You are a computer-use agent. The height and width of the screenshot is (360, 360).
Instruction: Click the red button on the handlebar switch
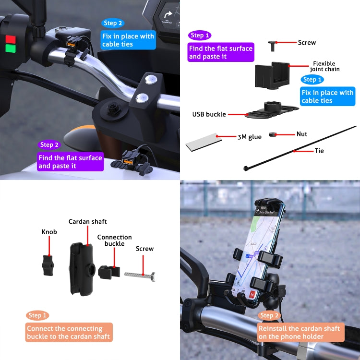pyautogui.click(x=10, y=39)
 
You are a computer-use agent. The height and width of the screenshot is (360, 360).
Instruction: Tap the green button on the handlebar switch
pyautogui.click(x=10, y=48)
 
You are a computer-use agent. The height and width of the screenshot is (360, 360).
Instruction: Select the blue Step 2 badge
pyautogui.click(x=113, y=23)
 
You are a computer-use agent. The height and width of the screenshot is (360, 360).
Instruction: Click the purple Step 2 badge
pyautogui.click(x=49, y=144)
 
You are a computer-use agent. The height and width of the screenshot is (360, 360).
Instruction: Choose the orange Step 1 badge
pyautogui.click(x=37, y=315)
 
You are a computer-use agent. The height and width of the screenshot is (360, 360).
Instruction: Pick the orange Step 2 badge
pyautogui.click(x=269, y=315)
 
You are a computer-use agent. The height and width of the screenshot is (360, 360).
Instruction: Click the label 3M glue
pyautogui.click(x=250, y=137)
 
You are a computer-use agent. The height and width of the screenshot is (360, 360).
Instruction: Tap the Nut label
pyautogui.click(x=302, y=134)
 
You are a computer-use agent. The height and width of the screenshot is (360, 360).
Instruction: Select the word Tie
pyautogui.click(x=319, y=151)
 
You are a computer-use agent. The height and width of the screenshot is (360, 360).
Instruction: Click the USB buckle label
pyautogui.click(x=209, y=114)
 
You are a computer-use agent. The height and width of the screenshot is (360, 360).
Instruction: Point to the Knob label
pyautogui.click(x=49, y=232)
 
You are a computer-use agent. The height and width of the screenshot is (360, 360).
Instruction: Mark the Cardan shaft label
pyautogui.click(x=87, y=221)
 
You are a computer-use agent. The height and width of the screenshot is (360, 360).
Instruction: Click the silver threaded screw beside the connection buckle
pyautogui.click(x=140, y=275)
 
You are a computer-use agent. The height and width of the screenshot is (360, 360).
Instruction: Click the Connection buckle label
pyautogui.click(x=114, y=240)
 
